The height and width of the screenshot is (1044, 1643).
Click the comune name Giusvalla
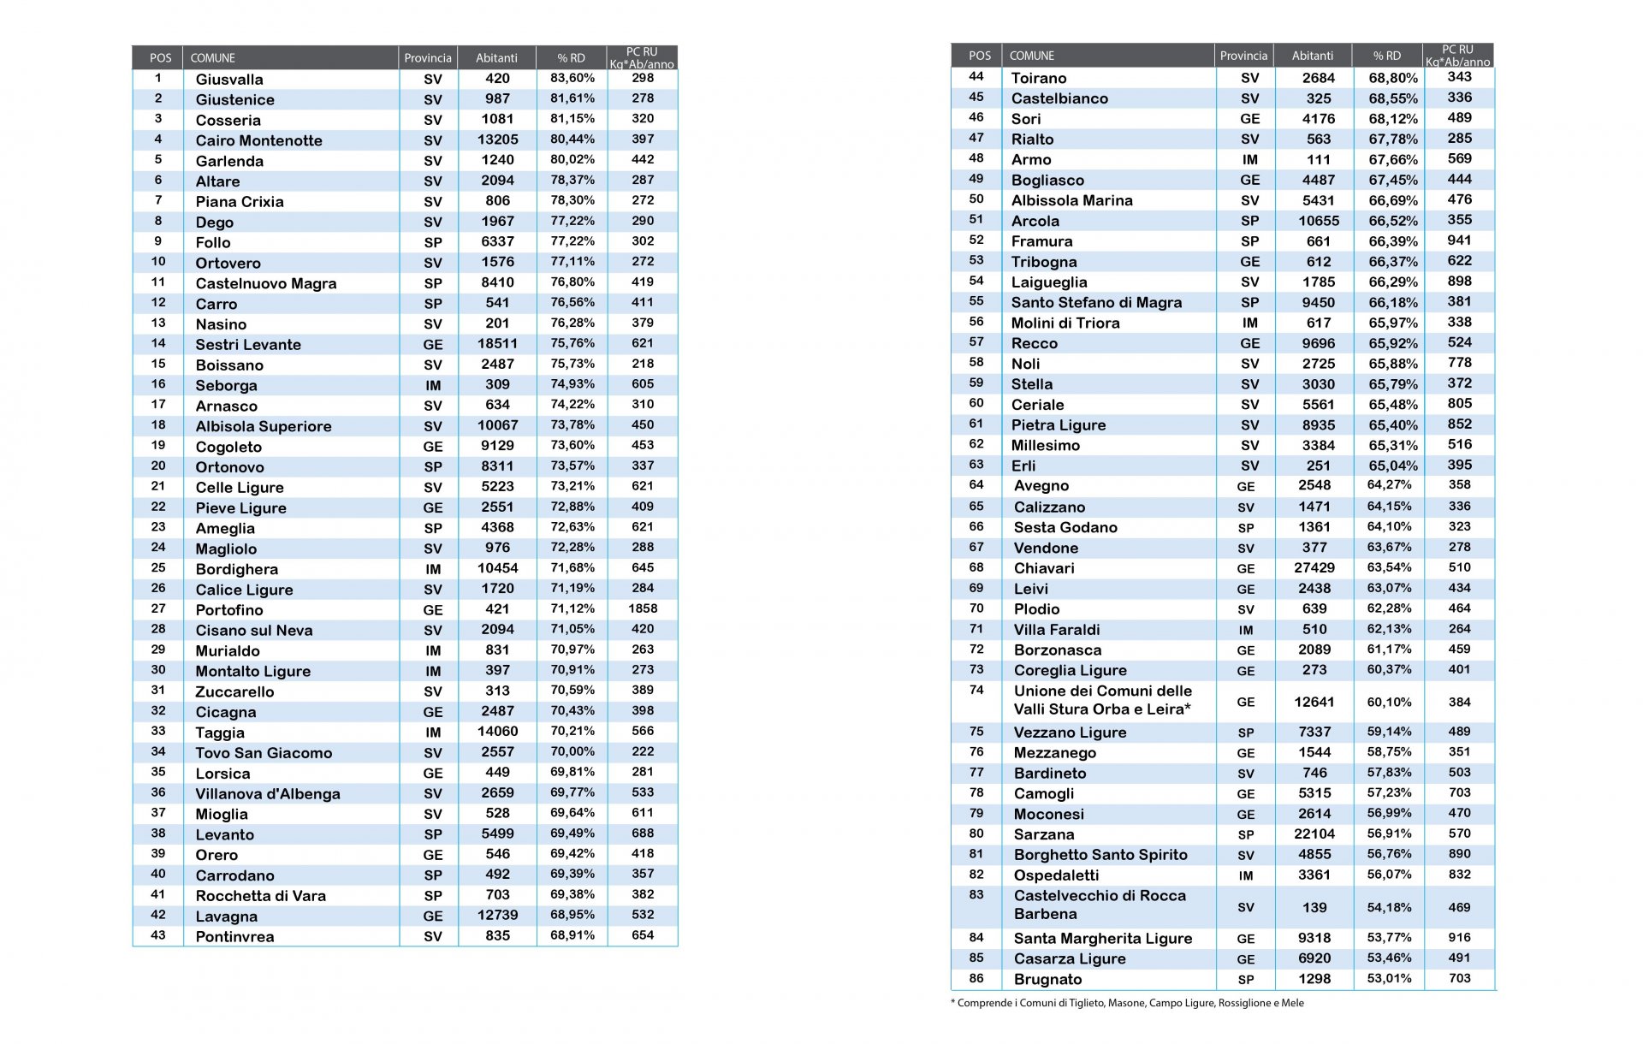coord(229,80)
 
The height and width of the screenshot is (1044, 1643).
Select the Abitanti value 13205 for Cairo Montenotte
coord(497,140)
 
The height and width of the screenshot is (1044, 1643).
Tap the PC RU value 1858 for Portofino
coord(643,608)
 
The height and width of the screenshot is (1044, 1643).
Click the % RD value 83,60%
coord(572,78)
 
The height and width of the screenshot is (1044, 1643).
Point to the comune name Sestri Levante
coord(248,345)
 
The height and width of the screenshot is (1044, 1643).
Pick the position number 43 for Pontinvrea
coord(158,935)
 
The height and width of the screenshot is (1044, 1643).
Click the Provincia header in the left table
coord(428,58)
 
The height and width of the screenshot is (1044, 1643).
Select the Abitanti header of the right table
coord(1313,56)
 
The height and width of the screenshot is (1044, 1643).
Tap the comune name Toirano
coord(1039,78)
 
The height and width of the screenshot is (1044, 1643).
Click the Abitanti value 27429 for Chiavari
coord(1314,568)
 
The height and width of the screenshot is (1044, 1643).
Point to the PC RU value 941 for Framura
coord(1460,240)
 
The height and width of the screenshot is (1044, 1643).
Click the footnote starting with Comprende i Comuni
coord(1127,1003)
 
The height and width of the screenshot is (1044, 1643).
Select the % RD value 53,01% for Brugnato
coord(1390,979)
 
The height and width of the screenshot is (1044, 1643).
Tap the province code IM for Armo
coord(1250,160)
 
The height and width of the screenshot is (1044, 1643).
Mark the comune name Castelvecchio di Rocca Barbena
coord(1100,905)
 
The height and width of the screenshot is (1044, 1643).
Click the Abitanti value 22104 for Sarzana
coord(1314,834)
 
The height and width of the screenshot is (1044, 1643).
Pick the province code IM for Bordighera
coord(433,570)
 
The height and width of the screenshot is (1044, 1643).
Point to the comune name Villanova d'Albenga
coord(268,794)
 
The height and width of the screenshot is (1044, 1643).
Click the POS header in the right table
coord(980,56)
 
